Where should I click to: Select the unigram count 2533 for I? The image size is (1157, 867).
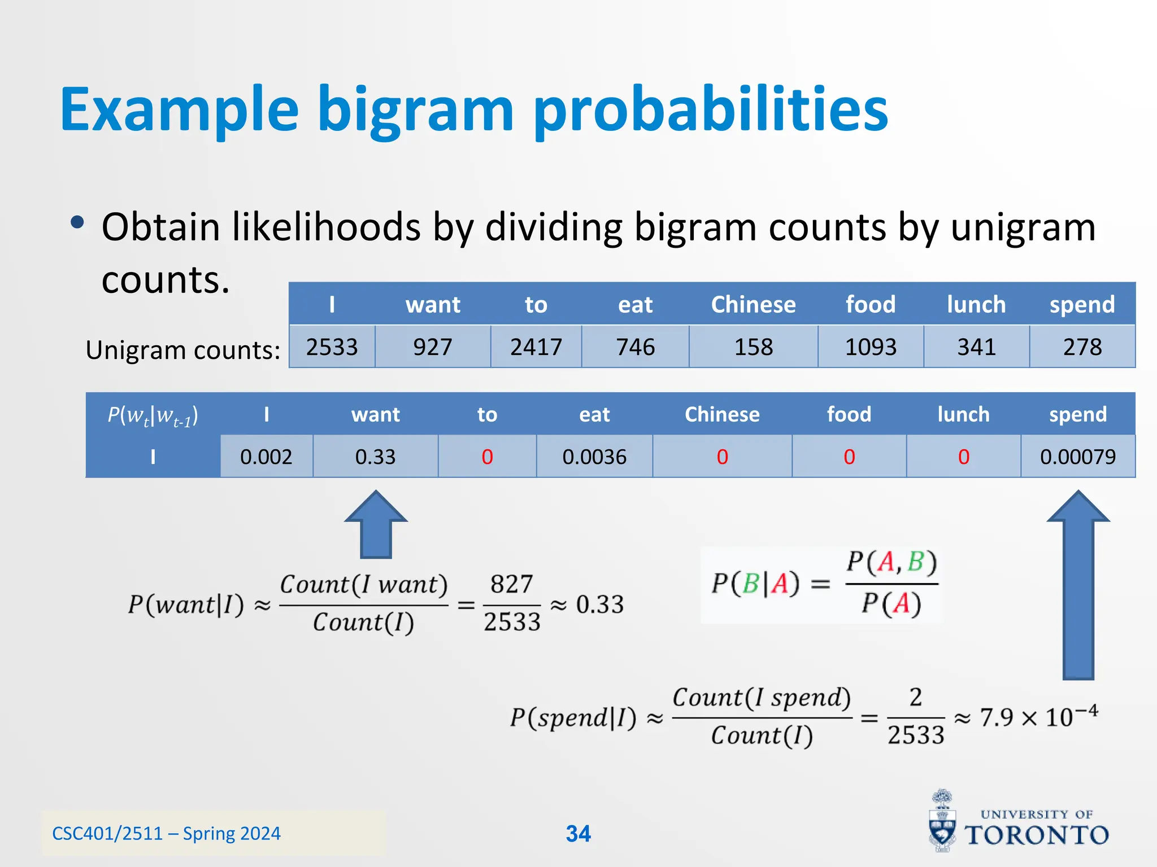(x=332, y=347)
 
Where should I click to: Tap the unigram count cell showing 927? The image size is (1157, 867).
(x=433, y=347)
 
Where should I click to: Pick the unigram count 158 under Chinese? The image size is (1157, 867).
(x=754, y=347)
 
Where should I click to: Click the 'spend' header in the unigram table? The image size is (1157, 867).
(x=1082, y=304)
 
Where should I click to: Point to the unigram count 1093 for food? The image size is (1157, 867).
(x=871, y=347)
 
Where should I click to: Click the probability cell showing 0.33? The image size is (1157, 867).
(x=375, y=457)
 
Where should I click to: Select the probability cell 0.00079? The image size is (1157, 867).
(x=1077, y=457)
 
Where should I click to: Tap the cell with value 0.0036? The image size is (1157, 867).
(x=594, y=457)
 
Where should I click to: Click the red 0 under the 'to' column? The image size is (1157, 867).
(x=487, y=457)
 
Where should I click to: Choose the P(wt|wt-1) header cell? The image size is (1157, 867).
(x=153, y=415)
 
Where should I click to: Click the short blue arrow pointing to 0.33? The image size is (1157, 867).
(x=376, y=525)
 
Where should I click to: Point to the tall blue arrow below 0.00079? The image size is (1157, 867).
(x=1078, y=587)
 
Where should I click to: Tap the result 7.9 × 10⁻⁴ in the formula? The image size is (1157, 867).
(x=1038, y=717)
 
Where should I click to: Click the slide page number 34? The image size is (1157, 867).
(x=578, y=834)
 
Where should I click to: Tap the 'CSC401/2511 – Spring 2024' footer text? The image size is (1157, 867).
(x=166, y=834)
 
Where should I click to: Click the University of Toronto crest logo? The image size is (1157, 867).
(x=942, y=821)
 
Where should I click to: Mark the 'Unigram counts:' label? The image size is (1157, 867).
(x=183, y=350)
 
